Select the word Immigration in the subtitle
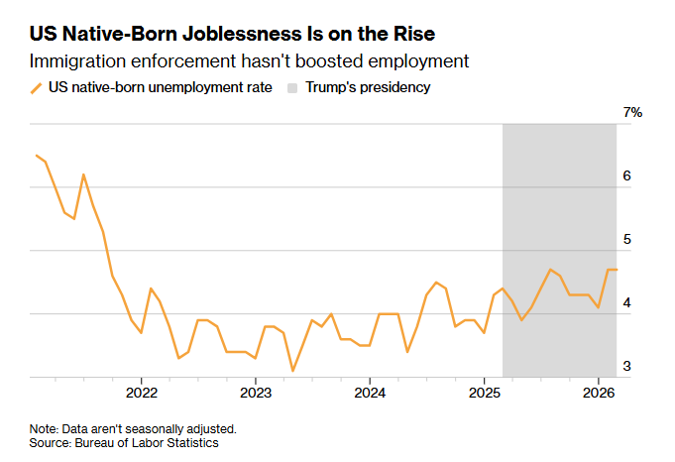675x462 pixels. click(x=77, y=61)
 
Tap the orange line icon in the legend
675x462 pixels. click(x=37, y=87)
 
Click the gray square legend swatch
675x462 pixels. click(x=293, y=87)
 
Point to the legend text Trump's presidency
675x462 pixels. click(x=369, y=87)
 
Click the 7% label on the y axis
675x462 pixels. click(x=632, y=112)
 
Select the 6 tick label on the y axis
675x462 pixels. click(x=626, y=175)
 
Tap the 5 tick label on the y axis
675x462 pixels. click(x=626, y=240)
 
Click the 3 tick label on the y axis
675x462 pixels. click(x=626, y=367)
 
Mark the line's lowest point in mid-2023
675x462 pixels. click(x=293, y=371)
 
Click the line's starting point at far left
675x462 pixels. click(x=36, y=155)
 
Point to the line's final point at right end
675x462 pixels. click(x=617, y=270)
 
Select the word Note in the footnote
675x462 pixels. click(x=43, y=429)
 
